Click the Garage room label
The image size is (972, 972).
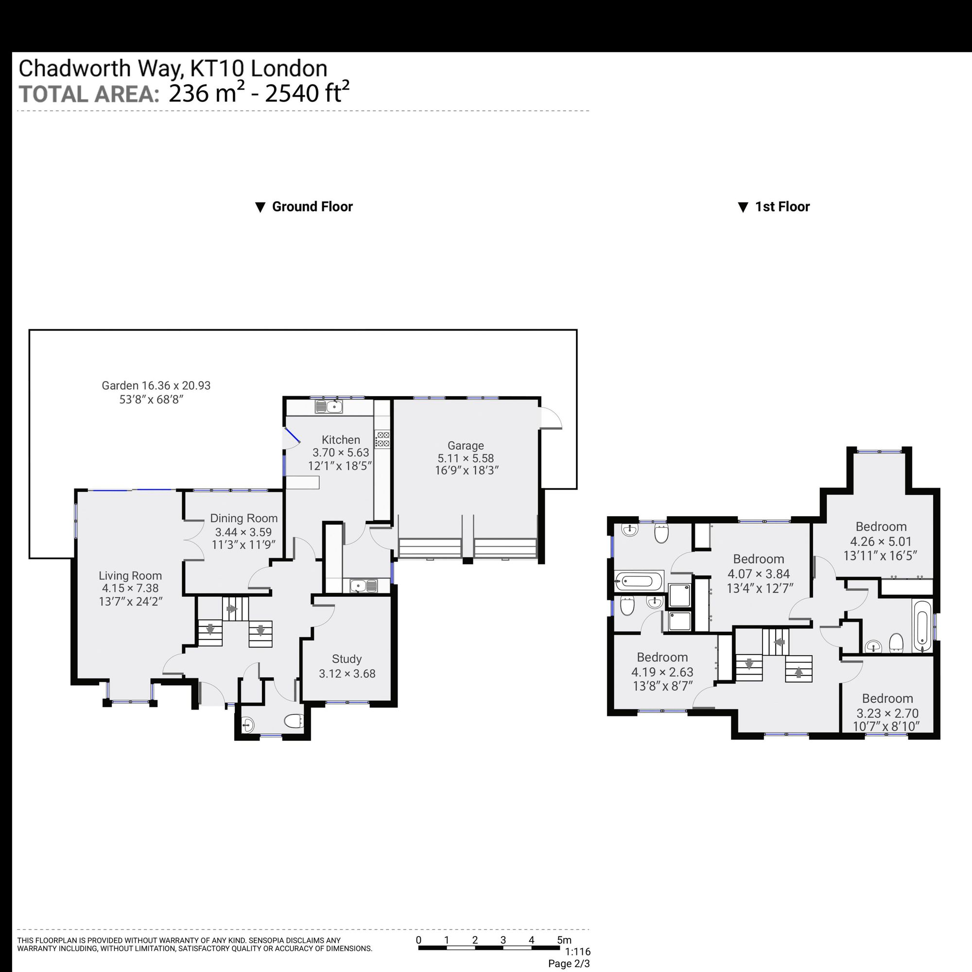click(466, 445)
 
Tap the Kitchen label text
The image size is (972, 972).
click(341, 439)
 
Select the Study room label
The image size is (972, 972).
click(347, 659)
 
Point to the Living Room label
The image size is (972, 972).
click(130, 575)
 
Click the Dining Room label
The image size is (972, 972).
click(244, 518)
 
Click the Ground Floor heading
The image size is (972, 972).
click(312, 207)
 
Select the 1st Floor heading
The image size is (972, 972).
click(782, 207)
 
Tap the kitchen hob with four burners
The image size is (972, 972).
click(382, 439)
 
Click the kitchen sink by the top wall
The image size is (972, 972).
click(329, 406)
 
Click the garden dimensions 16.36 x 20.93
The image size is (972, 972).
click(176, 385)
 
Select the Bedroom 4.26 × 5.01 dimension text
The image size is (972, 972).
click(881, 541)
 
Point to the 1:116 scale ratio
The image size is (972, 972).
click(577, 952)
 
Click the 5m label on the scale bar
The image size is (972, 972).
click(564, 940)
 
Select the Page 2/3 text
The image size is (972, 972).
click(569, 963)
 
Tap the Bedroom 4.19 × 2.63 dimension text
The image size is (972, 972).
click(662, 672)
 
